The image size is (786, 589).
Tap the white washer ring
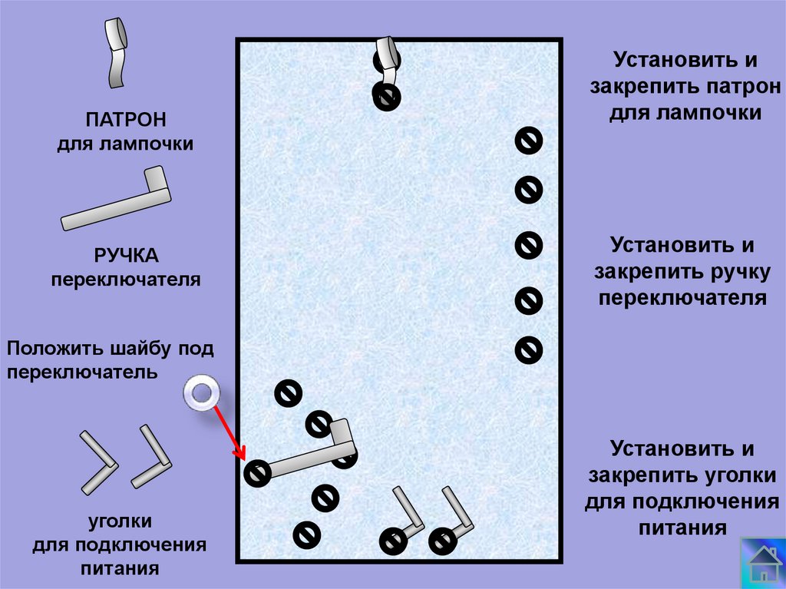click(x=201, y=393)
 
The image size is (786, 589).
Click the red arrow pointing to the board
click(x=228, y=430)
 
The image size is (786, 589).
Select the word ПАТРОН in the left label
click(x=126, y=121)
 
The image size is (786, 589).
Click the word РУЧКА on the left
click(x=126, y=256)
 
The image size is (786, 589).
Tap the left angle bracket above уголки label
click(x=98, y=461)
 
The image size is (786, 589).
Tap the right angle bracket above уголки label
click(x=151, y=458)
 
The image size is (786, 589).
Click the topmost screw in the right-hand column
click(x=528, y=141)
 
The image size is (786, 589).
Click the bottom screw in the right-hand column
click(x=528, y=349)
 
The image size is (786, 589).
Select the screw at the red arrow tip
click(x=257, y=473)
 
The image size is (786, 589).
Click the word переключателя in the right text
click(x=682, y=297)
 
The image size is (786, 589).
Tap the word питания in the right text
click(x=682, y=528)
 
